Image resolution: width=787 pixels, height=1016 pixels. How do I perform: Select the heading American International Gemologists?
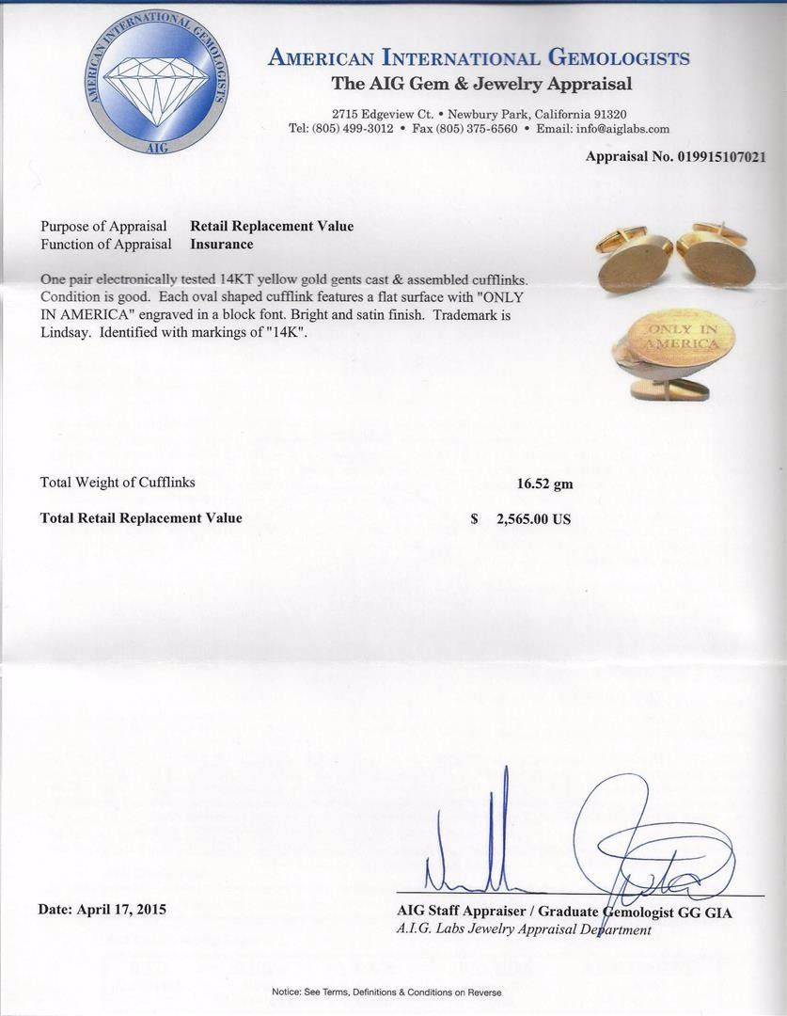tap(479, 58)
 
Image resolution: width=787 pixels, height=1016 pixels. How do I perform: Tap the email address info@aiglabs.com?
tap(623, 129)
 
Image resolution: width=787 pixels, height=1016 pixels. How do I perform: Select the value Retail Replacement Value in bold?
tap(272, 226)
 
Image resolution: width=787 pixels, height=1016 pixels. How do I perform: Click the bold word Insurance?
tap(222, 245)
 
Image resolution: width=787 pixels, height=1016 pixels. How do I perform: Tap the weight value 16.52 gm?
tap(544, 484)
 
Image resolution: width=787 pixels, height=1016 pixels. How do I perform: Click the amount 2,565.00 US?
tap(533, 519)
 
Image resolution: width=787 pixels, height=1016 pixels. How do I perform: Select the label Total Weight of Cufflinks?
tap(118, 483)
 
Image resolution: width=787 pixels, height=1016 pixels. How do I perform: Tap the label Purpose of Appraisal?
tap(103, 226)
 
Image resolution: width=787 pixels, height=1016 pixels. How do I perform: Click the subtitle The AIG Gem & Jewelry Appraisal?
tap(481, 85)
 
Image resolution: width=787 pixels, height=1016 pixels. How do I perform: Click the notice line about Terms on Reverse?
tap(386, 992)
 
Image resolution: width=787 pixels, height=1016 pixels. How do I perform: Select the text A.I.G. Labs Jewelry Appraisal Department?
tap(524, 929)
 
